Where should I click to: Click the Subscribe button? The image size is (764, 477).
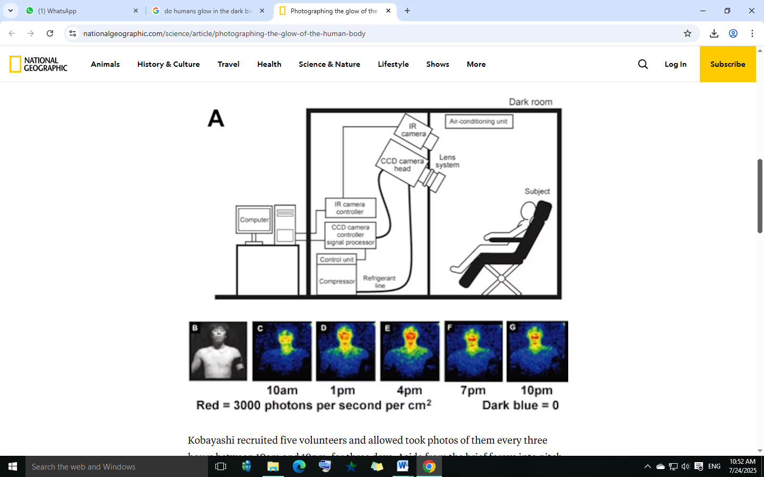coord(727,64)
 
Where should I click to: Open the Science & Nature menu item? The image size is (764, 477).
coord(329,64)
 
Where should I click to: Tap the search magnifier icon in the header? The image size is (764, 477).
coord(643,64)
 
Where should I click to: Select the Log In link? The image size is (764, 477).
coord(675,64)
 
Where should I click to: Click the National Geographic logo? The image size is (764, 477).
coord(39,64)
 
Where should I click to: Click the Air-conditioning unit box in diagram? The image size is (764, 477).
coord(479,121)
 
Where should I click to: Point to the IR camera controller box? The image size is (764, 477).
coord(350,208)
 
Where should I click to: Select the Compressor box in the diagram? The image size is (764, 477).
coord(337,281)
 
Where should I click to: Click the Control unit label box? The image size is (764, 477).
coord(337,259)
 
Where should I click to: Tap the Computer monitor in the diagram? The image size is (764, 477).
coord(254,219)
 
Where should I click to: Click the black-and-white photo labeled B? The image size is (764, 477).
coord(218,351)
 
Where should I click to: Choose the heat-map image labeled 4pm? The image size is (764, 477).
coord(410,351)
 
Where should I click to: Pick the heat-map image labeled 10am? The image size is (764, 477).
coord(282,351)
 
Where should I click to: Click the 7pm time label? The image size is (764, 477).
coord(473,391)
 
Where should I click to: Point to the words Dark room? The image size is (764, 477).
coord(531,102)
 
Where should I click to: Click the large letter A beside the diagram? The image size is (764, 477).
coord(216,118)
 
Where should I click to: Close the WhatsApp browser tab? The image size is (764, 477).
coord(136,11)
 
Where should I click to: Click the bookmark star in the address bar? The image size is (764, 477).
coord(688,33)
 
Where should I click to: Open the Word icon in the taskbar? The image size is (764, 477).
coord(403,466)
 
